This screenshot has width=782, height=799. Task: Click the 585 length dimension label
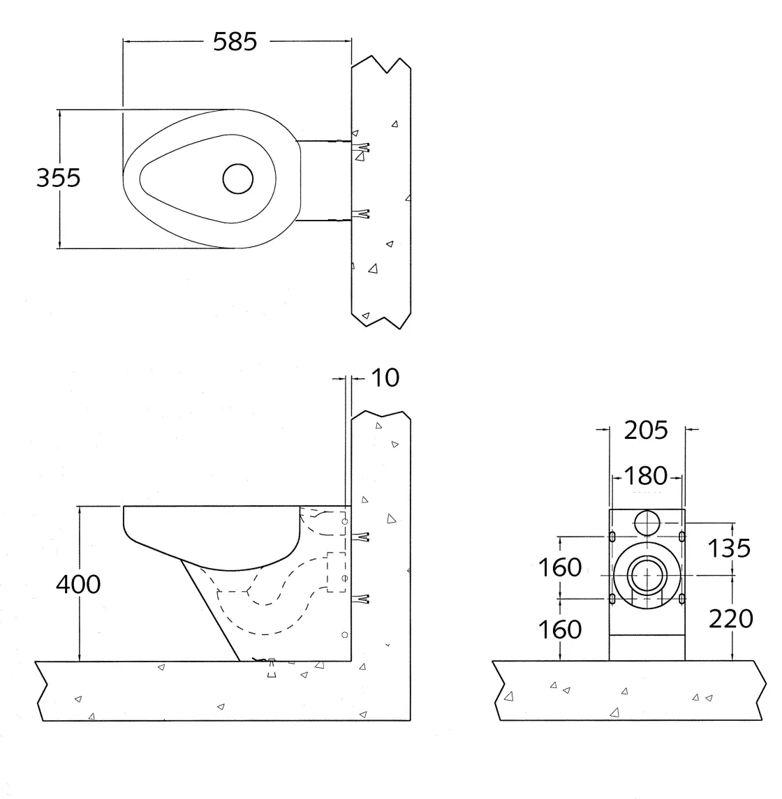[x=235, y=42]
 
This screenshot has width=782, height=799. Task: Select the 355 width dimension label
[x=59, y=178]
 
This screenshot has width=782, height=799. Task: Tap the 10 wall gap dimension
[x=385, y=378]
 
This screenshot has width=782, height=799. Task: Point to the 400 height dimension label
[x=78, y=584]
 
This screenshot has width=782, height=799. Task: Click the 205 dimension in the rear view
[x=646, y=430]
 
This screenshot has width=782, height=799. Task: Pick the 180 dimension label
[x=646, y=476]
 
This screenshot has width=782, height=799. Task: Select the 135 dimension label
[x=730, y=548]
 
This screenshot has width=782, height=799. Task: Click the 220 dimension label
[x=730, y=618]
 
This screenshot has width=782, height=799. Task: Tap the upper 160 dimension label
[x=559, y=567]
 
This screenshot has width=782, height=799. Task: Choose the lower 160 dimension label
[x=559, y=629]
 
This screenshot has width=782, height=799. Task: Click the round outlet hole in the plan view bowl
[x=237, y=179]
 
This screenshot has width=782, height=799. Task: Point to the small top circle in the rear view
[x=647, y=521]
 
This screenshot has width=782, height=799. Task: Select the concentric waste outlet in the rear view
[x=647, y=575]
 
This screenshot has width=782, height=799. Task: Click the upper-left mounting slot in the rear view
[x=612, y=537]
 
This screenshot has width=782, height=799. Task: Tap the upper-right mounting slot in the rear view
[x=682, y=537]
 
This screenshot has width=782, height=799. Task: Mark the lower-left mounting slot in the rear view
[x=612, y=598]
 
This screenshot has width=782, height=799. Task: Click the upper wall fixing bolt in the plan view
[x=361, y=147]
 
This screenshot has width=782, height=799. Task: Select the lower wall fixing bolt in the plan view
[x=361, y=214]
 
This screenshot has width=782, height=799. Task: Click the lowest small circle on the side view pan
[x=343, y=634]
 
